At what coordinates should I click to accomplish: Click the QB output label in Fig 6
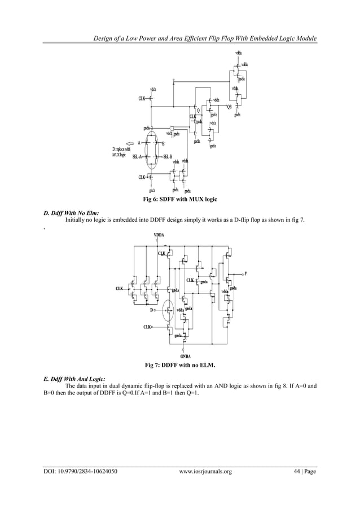click(229, 107)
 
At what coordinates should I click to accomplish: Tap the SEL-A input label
click(138, 156)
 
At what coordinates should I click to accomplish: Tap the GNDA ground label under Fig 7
click(186, 356)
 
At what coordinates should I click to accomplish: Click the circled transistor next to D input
click(167, 309)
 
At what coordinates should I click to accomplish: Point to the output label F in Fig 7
click(245, 273)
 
